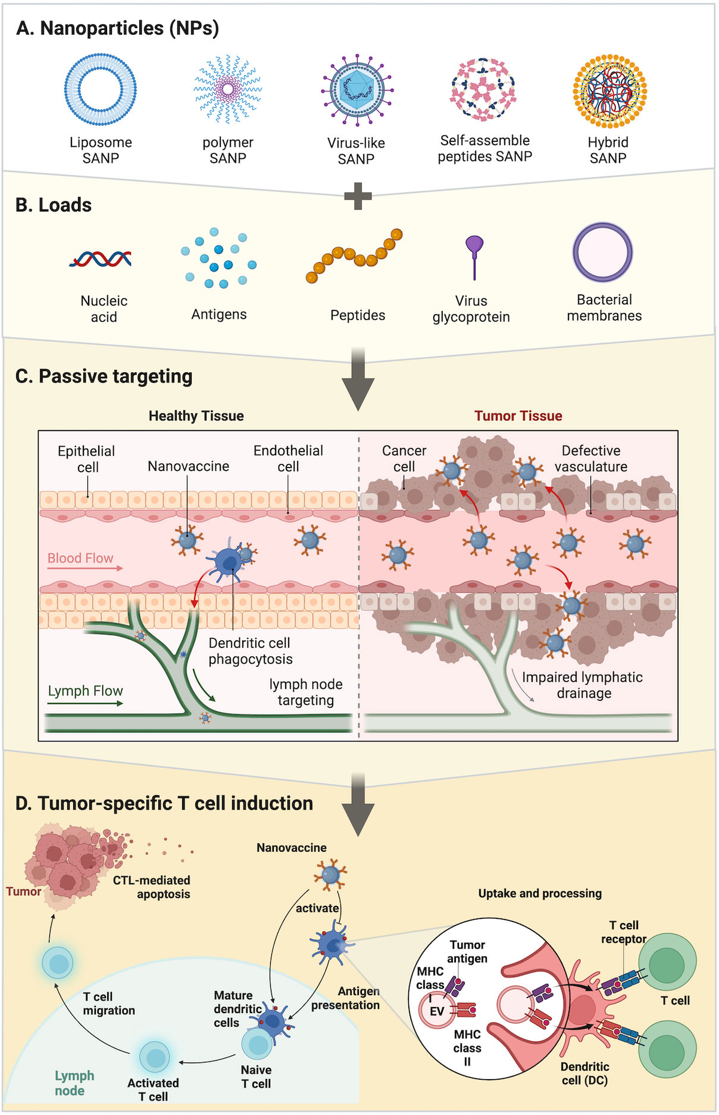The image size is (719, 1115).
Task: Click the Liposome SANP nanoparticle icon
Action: (x=101, y=89)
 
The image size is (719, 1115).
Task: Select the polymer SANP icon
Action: (x=228, y=90)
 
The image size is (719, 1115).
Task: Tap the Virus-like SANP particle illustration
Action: (x=357, y=91)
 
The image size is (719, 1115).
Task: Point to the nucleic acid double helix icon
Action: (x=101, y=259)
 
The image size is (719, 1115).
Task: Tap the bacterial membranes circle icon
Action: (x=603, y=252)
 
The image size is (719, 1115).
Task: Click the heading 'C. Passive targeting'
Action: (x=104, y=376)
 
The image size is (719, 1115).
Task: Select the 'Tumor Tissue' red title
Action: (x=518, y=416)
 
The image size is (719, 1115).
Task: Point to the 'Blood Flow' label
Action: (x=80, y=558)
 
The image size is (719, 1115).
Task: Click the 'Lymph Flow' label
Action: (x=85, y=691)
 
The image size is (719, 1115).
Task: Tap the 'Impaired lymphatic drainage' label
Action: (x=582, y=685)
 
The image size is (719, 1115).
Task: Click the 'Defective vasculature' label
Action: (x=591, y=459)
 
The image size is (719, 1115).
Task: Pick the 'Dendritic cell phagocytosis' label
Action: (x=250, y=651)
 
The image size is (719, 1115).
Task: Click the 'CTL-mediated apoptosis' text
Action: (x=152, y=887)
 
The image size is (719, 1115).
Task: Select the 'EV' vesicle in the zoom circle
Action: (x=437, y=1011)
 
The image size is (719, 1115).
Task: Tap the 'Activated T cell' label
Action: (x=153, y=1090)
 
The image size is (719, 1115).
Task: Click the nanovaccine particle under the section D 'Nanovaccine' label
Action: (x=330, y=875)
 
